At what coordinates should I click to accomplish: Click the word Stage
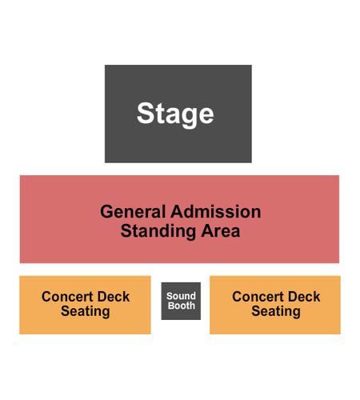175,114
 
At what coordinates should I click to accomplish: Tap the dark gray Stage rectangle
178,114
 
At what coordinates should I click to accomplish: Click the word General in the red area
133,212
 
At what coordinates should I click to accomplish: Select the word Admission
216,212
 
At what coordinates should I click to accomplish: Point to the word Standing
158,231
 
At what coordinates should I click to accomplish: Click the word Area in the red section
221,231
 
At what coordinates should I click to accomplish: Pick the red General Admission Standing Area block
179,219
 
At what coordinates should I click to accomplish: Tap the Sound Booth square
181,301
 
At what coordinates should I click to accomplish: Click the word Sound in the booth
181,296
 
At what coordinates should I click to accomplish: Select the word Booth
182,306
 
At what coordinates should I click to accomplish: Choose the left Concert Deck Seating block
85,305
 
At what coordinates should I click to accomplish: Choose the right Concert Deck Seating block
275,305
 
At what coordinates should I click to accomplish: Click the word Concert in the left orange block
67,297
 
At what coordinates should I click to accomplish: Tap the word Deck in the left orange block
114,297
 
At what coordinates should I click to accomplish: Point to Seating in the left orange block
86,311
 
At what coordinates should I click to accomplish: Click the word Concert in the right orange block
258,297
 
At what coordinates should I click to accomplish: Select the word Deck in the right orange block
304,297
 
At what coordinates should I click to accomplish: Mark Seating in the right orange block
276,311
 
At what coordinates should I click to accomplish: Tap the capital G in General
107,212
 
